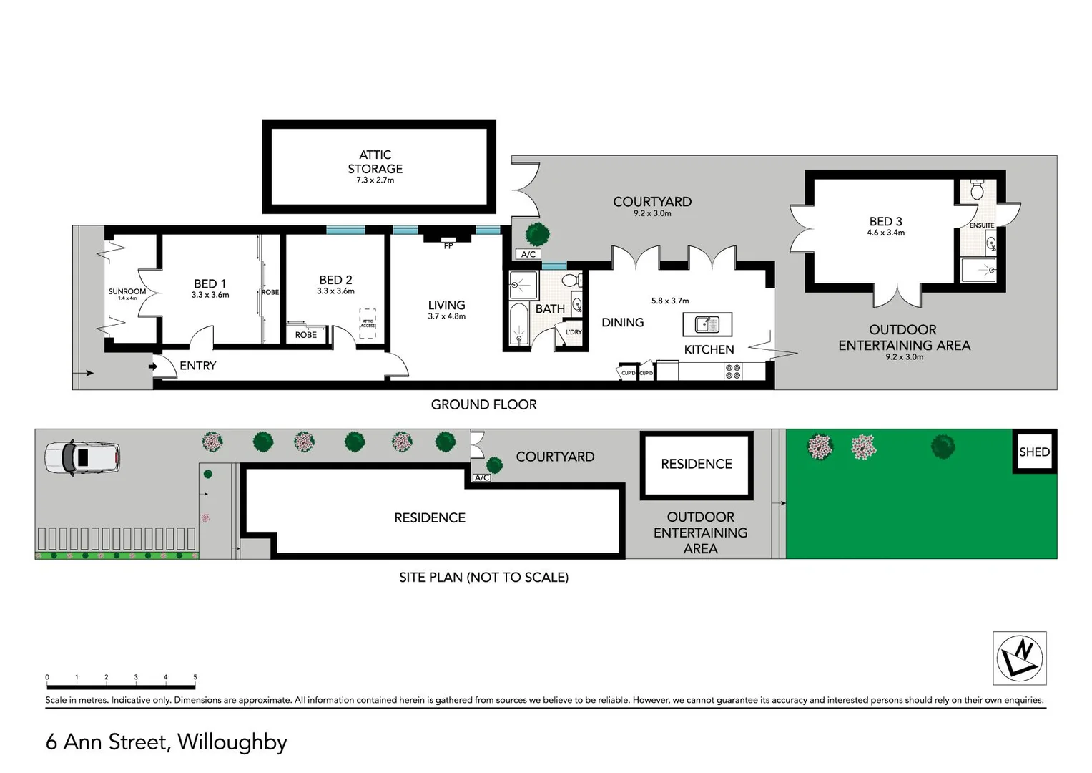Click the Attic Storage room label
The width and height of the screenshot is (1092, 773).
pos(375,162)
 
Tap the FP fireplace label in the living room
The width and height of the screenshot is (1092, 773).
pos(448,245)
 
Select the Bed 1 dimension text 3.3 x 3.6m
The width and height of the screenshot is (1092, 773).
pos(210,295)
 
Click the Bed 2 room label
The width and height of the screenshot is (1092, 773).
pos(335,280)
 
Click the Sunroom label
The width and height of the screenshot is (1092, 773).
pos(127,291)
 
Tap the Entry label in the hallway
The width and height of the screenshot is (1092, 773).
pos(197,366)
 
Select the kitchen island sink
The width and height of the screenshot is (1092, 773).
pos(707,324)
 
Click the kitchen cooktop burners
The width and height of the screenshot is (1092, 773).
pos(733,371)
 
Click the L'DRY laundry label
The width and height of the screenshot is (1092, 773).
pos(574,332)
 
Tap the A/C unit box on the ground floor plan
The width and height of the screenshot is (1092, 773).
pos(528,254)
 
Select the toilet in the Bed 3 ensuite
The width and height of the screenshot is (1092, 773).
pos(978,190)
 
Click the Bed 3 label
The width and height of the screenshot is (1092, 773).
pos(885,222)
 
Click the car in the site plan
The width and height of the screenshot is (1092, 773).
pos(82,457)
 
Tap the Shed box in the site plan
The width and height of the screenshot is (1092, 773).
pos(1034,452)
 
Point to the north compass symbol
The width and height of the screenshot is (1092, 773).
pos(1020,658)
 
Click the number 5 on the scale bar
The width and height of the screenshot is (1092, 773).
pos(195,677)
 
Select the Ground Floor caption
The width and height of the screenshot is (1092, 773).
pos(483,404)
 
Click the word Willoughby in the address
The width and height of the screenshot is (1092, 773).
pos(232,742)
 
